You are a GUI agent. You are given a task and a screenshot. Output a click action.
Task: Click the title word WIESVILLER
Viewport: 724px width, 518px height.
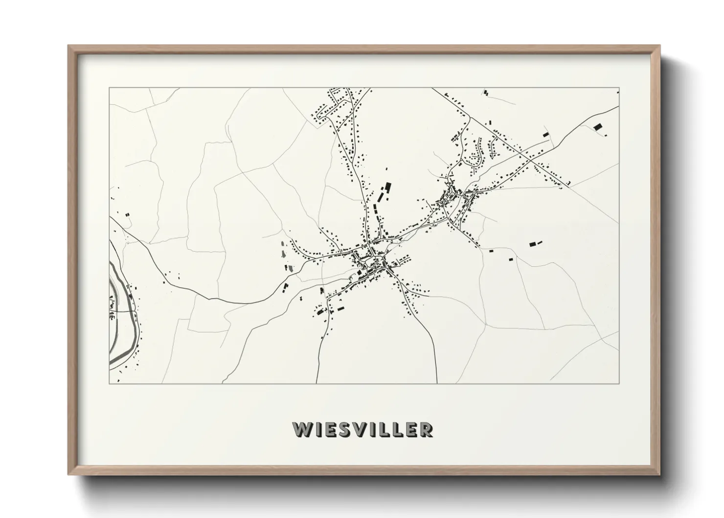pos(362,429)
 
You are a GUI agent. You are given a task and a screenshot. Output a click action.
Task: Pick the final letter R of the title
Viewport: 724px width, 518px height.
pos(426,429)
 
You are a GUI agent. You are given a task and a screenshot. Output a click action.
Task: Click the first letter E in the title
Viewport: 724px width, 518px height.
pos(331,429)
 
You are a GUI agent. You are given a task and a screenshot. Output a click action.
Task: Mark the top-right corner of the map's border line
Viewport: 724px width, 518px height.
pos(619,88)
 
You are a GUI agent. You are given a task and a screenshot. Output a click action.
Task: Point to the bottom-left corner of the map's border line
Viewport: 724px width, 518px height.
pos(109,383)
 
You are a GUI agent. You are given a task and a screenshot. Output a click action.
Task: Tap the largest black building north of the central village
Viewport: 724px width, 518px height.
pos(389,187)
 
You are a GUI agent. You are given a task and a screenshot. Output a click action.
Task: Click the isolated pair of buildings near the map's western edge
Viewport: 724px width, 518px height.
pos(128,214)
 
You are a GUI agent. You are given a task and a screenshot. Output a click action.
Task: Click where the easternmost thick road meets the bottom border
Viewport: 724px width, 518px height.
pos(436,382)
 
